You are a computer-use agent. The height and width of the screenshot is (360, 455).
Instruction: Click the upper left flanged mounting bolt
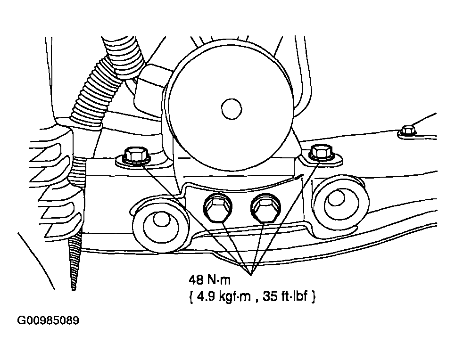136,155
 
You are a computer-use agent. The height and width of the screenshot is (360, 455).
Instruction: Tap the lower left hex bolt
218,207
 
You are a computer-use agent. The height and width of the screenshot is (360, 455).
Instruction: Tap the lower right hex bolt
265,207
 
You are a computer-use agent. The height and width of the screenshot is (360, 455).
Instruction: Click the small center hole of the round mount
232,109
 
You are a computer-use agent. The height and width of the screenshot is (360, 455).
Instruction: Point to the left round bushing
160,222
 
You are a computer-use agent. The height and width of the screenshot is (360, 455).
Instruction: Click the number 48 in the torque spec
196,280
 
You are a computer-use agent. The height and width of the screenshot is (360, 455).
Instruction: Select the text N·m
219,280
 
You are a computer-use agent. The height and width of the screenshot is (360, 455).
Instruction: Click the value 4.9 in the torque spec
206,297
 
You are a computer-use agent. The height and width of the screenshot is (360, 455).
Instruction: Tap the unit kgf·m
234,297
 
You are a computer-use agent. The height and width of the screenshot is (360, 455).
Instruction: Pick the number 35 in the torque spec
270,297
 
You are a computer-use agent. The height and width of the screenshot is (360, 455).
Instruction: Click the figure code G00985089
48,320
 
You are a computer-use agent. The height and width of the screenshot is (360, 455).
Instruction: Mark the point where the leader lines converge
251,274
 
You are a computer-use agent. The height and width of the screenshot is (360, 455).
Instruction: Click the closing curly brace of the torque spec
313,297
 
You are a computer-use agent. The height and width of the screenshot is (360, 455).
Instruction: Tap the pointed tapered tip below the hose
74,289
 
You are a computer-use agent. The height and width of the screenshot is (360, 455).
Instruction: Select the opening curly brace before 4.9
191,297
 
